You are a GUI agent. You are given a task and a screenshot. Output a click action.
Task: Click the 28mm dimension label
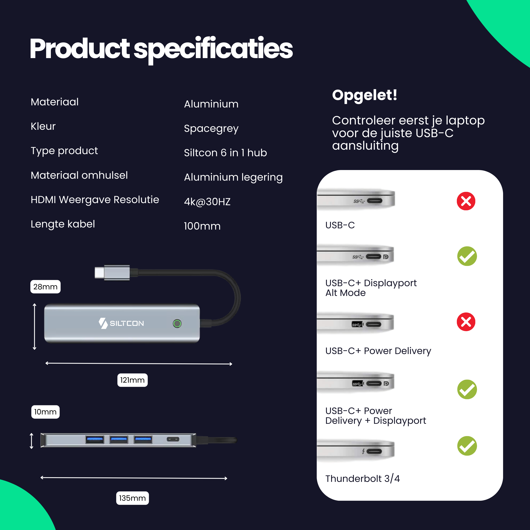tap(45, 287)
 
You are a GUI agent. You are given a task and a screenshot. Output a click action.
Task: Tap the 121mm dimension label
tap(132, 380)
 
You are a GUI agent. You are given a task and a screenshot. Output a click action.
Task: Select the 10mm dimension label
tap(45, 412)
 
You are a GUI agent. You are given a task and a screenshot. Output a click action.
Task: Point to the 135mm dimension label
tap(132, 498)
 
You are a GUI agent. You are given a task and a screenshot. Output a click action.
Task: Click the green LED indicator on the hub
tap(177, 324)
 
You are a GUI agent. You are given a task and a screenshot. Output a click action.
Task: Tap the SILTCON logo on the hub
tap(121, 323)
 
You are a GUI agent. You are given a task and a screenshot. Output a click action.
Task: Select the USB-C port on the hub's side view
tap(173, 439)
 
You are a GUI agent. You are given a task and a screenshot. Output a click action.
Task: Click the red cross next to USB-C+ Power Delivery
tap(466, 322)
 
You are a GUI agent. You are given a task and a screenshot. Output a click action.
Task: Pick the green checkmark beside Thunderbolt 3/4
tap(467, 446)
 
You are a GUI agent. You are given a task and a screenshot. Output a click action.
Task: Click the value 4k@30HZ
tap(207, 202)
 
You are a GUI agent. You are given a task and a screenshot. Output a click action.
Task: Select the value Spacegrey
tap(211, 128)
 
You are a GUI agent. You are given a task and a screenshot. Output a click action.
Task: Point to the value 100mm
tap(202, 226)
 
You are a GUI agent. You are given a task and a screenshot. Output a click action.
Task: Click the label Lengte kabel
tap(63, 224)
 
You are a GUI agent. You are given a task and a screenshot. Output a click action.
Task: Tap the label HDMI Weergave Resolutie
tap(95, 200)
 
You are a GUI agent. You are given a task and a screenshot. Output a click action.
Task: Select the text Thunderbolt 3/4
tap(362, 478)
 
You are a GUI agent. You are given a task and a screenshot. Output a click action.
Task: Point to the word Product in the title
tap(79, 49)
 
